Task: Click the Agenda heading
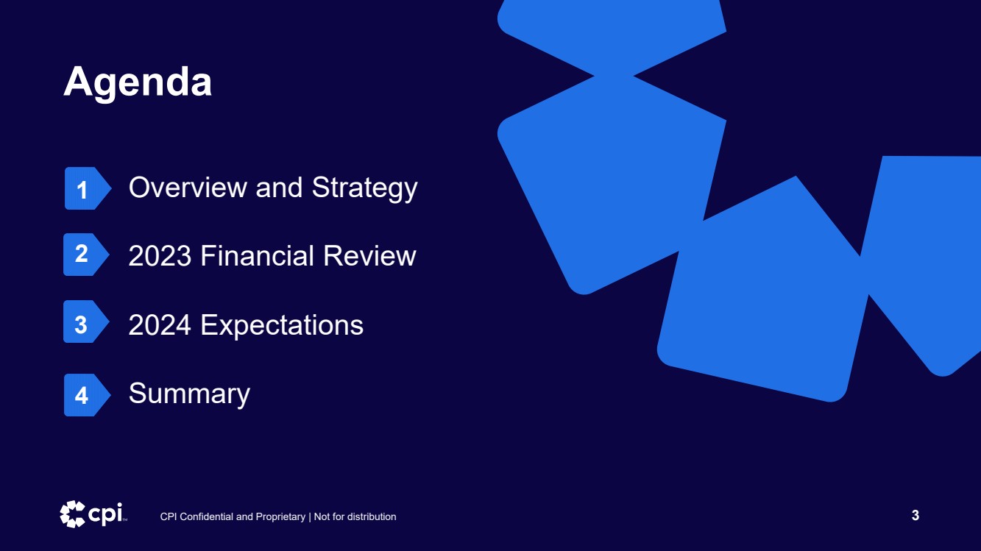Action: [138, 82]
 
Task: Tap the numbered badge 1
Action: [88, 188]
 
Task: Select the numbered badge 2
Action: [86, 255]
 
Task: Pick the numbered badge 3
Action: [86, 321]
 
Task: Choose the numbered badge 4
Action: [87, 395]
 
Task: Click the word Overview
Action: [188, 188]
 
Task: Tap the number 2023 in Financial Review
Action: [160, 255]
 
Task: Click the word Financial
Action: [257, 255]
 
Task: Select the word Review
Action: [369, 255]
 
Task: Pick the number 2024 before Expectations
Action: [160, 324]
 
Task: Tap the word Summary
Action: [189, 394]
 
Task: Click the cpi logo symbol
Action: [72, 514]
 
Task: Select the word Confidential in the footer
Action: [207, 517]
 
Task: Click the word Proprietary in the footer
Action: [280, 517]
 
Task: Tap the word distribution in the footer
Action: [372, 517]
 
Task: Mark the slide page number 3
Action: [916, 516]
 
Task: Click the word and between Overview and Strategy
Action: [279, 188]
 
